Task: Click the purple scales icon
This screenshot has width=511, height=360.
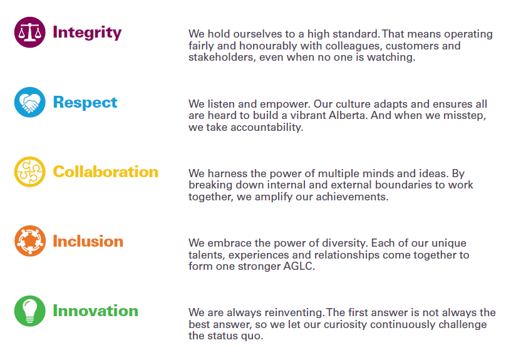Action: [x=29, y=33]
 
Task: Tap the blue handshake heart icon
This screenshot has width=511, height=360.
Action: [x=29, y=102]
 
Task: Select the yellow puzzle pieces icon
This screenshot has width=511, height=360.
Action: [x=29, y=172]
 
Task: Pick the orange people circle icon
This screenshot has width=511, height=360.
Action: [x=29, y=241]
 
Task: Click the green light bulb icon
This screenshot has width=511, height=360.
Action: [x=29, y=311]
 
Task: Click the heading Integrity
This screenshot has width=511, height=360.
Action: [x=87, y=33]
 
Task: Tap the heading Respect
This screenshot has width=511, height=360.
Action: [x=85, y=103]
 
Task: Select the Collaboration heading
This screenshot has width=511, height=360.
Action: [x=105, y=172]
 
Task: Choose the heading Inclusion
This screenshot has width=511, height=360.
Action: [x=88, y=242]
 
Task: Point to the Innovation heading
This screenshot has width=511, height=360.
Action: [x=95, y=311]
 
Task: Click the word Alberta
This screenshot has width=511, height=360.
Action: [x=348, y=115]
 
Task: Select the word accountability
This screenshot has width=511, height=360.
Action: [x=267, y=127]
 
